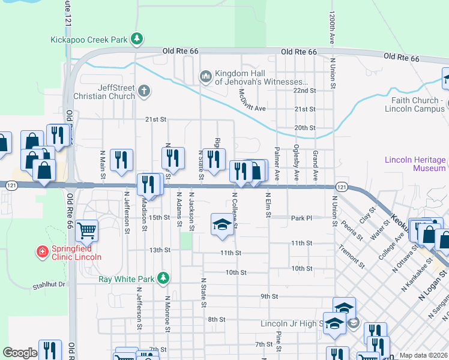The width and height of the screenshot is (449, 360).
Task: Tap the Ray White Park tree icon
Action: [162, 278]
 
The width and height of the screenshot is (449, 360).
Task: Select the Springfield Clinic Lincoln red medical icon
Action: [42, 251]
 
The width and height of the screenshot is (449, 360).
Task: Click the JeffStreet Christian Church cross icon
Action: [143, 91]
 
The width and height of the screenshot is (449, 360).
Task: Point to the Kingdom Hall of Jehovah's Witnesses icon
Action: [206, 76]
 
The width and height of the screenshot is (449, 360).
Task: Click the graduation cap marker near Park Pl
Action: [221, 224]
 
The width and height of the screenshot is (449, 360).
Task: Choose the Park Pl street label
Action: [301, 218]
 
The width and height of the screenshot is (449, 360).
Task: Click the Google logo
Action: [20, 353]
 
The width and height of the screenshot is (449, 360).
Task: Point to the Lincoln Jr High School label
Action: [292, 324]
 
